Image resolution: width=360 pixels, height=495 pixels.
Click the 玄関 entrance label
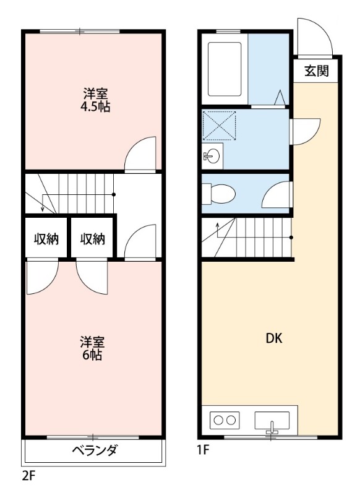point(316,71)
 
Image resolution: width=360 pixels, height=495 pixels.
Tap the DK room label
point(274,338)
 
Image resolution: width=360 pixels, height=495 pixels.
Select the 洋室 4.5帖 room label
point(96,100)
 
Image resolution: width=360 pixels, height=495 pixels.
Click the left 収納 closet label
point(46,238)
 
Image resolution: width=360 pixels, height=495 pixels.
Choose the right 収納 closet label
point(92,238)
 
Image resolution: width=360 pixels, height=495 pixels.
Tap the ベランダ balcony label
point(94,450)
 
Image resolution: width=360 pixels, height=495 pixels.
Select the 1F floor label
point(204,450)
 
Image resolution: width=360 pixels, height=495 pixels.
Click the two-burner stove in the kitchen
point(224,420)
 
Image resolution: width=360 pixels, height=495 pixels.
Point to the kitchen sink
point(272,421)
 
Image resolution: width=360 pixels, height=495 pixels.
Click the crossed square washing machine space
point(219,126)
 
